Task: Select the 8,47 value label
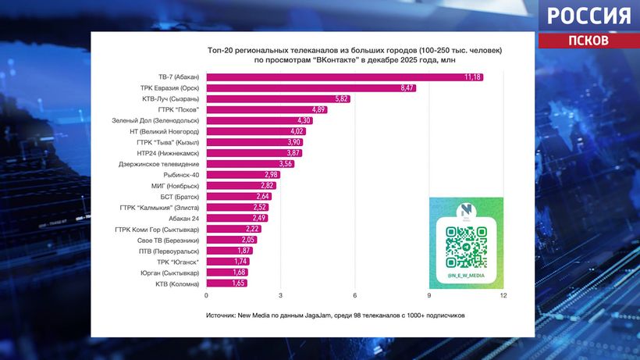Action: (407, 88)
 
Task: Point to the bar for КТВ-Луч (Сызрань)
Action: (279, 99)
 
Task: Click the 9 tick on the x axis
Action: (429, 295)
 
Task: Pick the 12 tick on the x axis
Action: (503, 295)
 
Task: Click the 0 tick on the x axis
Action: (206, 295)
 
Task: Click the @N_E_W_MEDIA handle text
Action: (466, 276)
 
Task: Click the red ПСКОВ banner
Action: (589, 41)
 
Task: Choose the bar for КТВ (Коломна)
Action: (226, 283)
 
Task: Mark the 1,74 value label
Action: (240, 262)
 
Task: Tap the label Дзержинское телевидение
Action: (158, 164)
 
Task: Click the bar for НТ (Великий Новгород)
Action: (256, 132)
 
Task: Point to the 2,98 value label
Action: (271, 175)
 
